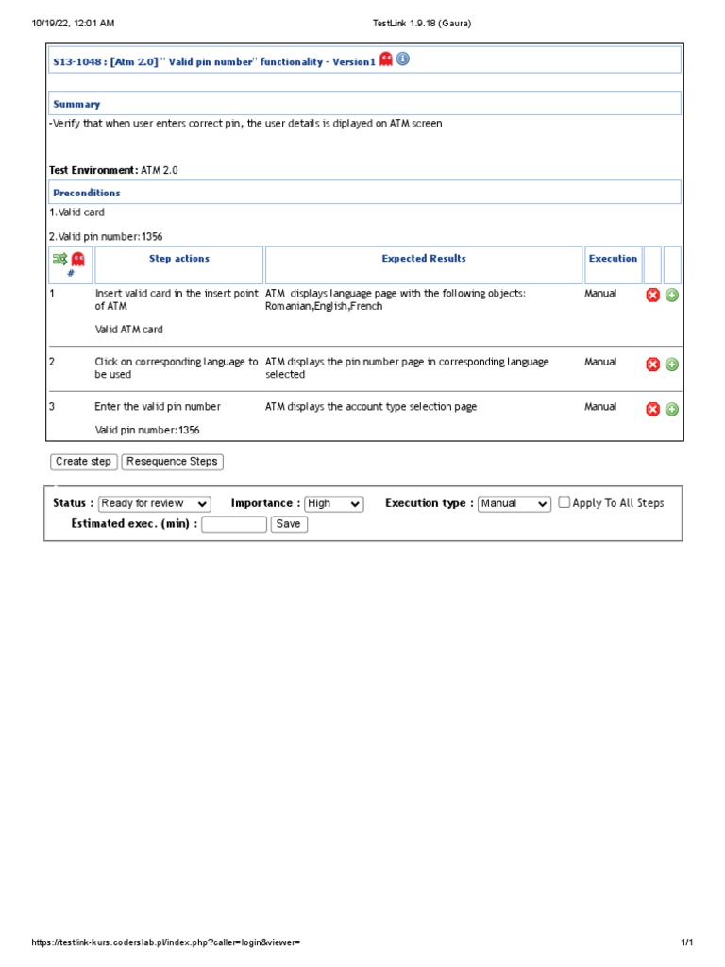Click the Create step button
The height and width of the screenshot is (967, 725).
pos(83,462)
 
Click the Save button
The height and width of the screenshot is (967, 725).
pos(289,524)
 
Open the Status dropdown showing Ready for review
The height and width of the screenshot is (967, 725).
pos(155,504)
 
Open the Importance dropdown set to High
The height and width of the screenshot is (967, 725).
pos(333,504)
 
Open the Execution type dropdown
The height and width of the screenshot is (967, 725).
pos(514,504)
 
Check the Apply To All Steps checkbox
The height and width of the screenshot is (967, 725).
pos(565,503)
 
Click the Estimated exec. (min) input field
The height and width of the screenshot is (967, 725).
pos(234,524)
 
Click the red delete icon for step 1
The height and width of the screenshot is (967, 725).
pos(652,296)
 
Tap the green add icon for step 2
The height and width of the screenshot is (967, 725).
pos(672,365)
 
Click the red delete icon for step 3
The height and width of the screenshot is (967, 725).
pos(652,409)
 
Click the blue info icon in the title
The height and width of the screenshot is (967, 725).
pos(403,59)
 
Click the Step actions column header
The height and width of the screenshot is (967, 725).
pos(179,259)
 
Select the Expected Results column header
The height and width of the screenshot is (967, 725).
pos(424,259)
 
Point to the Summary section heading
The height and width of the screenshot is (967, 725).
pos(76,104)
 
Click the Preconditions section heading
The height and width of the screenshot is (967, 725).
pos(87,193)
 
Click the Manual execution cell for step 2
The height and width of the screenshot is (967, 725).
pos(600,362)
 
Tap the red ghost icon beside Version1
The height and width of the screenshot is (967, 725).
pos(386,59)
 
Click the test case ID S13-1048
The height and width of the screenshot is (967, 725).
pos(78,61)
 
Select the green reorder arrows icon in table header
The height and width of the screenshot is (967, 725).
pos(60,259)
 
